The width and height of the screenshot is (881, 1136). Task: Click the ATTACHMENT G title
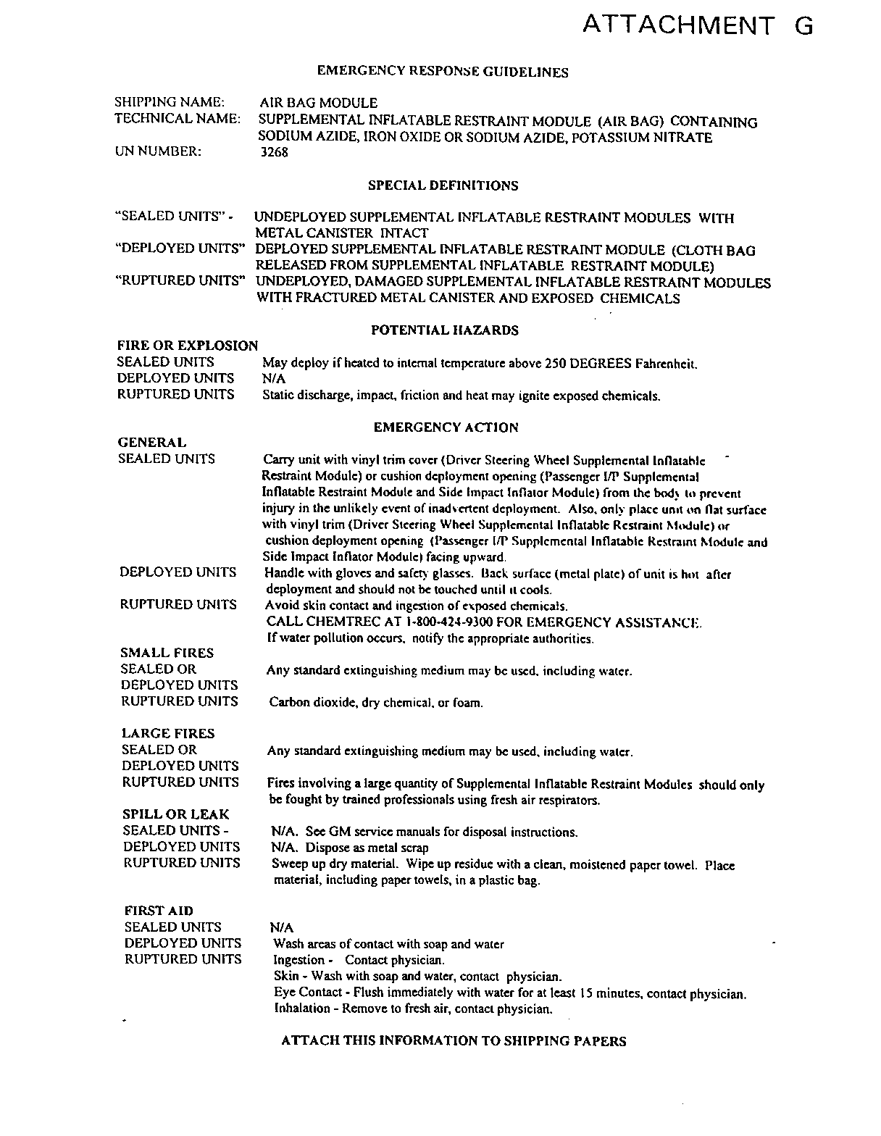click(x=698, y=26)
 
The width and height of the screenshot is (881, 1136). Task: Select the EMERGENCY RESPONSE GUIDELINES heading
click(x=443, y=72)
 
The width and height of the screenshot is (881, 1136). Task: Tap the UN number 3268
click(x=274, y=153)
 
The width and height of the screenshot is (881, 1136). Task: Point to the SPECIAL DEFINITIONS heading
click(x=443, y=185)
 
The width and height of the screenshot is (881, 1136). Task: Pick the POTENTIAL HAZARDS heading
click(x=444, y=330)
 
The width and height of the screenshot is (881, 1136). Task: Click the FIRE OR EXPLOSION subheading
click(x=187, y=346)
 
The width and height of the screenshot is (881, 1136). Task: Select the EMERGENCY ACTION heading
click(x=446, y=427)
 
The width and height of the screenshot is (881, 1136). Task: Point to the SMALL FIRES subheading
click(x=167, y=653)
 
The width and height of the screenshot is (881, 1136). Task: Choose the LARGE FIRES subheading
click(x=168, y=733)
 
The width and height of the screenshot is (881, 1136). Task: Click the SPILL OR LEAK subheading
click(x=175, y=814)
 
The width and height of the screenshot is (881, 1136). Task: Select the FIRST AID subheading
click(x=159, y=911)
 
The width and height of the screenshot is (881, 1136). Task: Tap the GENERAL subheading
click(x=151, y=442)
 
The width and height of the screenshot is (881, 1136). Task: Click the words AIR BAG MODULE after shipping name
click(x=318, y=103)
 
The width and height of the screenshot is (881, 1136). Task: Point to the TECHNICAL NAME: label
click(x=178, y=119)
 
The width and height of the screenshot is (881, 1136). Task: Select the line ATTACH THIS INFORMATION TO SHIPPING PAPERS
click(x=453, y=1041)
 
